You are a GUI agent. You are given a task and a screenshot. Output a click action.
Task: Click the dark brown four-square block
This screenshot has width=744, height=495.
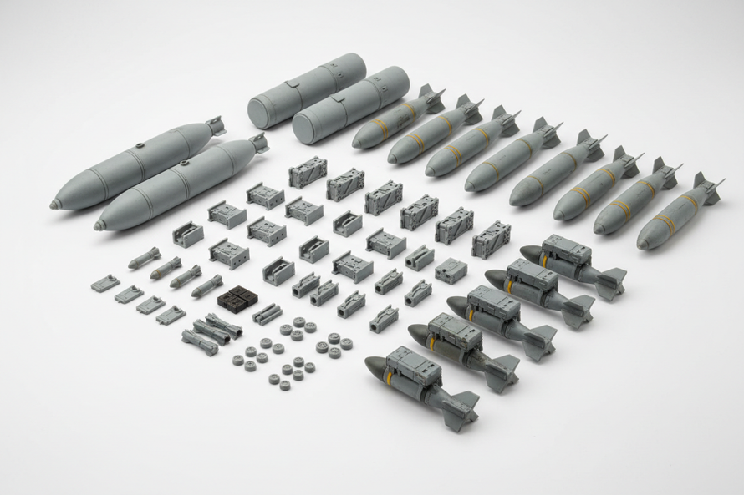pos(237,298)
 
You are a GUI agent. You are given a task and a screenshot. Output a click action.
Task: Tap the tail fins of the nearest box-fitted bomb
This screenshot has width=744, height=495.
pos(460,410)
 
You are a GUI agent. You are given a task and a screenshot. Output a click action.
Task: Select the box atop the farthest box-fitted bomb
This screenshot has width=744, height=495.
pos(566,250)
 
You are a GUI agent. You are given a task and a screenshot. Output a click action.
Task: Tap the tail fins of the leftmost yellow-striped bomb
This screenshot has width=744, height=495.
pos(431,97)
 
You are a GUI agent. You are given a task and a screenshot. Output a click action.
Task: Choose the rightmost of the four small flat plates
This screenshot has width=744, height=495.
pos(171,314)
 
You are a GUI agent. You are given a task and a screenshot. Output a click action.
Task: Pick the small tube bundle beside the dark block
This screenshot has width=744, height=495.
pos(267,314)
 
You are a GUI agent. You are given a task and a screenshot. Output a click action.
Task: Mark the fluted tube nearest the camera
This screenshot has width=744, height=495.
pos(199,342)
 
